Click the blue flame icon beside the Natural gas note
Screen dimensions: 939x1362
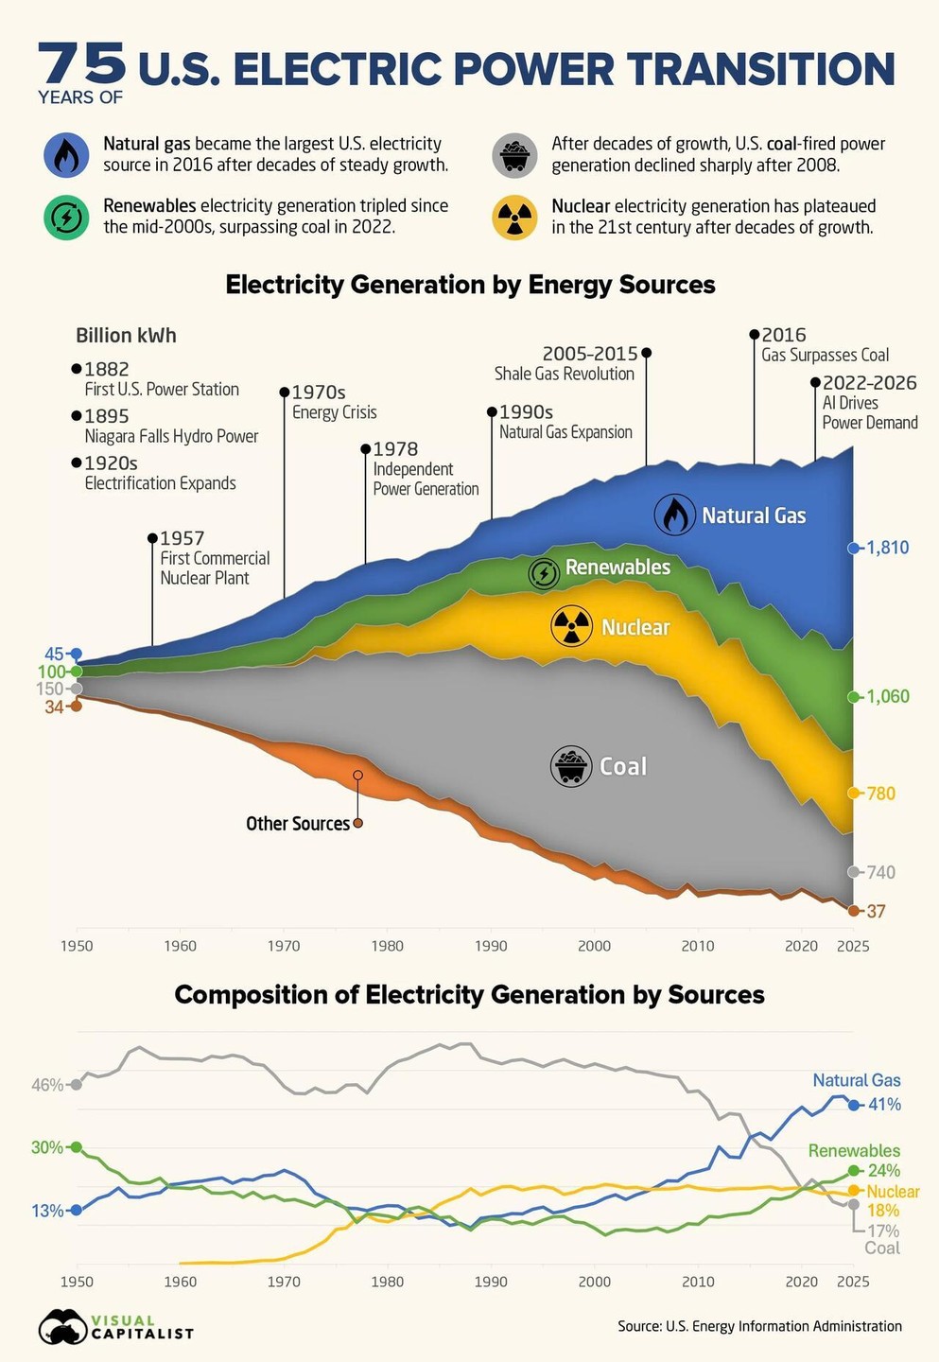pyautogui.click(x=66, y=154)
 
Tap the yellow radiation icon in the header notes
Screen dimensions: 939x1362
pyautogui.click(x=514, y=218)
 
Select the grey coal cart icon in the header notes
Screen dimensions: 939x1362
pyautogui.click(x=514, y=154)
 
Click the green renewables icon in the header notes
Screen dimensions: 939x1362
pyautogui.click(x=66, y=218)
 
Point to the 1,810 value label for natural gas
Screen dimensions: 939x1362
pyautogui.click(x=888, y=548)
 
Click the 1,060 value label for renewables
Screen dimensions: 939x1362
pyautogui.click(x=888, y=696)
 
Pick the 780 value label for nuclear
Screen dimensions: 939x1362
pyautogui.click(x=880, y=793)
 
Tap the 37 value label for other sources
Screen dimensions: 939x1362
pyautogui.click(x=876, y=911)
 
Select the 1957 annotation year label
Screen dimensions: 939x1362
pyautogui.click(x=182, y=538)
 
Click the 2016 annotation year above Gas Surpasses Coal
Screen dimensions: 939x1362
pyautogui.click(x=783, y=335)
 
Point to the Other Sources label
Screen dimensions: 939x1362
pyautogui.click(x=298, y=823)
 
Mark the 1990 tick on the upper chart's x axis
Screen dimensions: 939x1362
pyautogui.click(x=491, y=946)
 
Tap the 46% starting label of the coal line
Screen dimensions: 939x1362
pyautogui.click(x=47, y=1085)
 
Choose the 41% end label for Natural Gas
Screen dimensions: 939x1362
pyautogui.click(x=884, y=1104)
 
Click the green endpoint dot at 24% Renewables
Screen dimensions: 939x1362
pyautogui.click(x=854, y=1171)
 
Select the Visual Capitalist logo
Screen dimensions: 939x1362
pyautogui.click(x=116, y=1327)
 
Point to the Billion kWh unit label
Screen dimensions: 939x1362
pyautogui.click(x=126, y=335)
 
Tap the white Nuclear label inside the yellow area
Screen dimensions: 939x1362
pyautogui.click(x=635, y=627)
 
